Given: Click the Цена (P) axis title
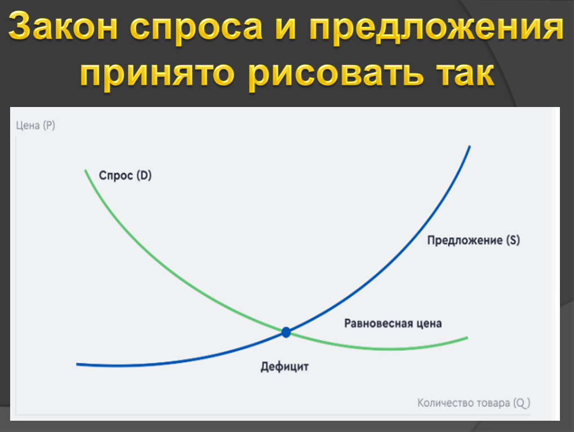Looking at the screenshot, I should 35,126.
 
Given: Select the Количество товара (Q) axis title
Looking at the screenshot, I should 474,403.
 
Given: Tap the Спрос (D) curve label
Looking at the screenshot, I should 125,175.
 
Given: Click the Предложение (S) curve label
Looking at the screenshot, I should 473,240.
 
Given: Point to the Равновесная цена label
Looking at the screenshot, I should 393,323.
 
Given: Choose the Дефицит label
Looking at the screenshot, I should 284,367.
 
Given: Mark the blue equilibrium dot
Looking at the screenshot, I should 286,332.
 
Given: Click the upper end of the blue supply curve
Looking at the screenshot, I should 469,147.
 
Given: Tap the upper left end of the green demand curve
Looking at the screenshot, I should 86,170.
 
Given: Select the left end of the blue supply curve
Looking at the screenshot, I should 77,364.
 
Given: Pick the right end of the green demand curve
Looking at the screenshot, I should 467,337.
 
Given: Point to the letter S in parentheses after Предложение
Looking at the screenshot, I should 512,240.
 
